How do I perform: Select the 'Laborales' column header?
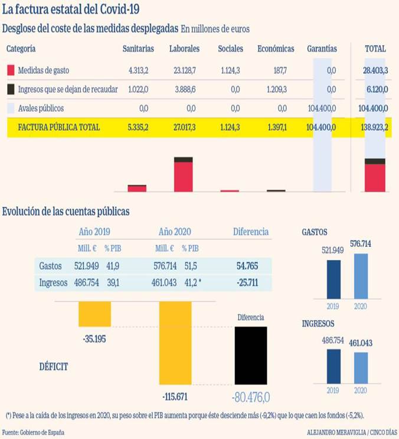[184, 49]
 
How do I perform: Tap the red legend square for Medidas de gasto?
[11, 70]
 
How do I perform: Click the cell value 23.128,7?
[184, 70]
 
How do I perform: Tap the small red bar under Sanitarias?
[137, 188]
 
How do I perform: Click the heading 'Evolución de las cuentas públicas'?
[66, 211]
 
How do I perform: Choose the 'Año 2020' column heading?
[175, 232]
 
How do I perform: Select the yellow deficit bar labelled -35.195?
[94, 313]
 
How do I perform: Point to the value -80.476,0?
[250, 395]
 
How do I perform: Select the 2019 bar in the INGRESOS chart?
[333, 368]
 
